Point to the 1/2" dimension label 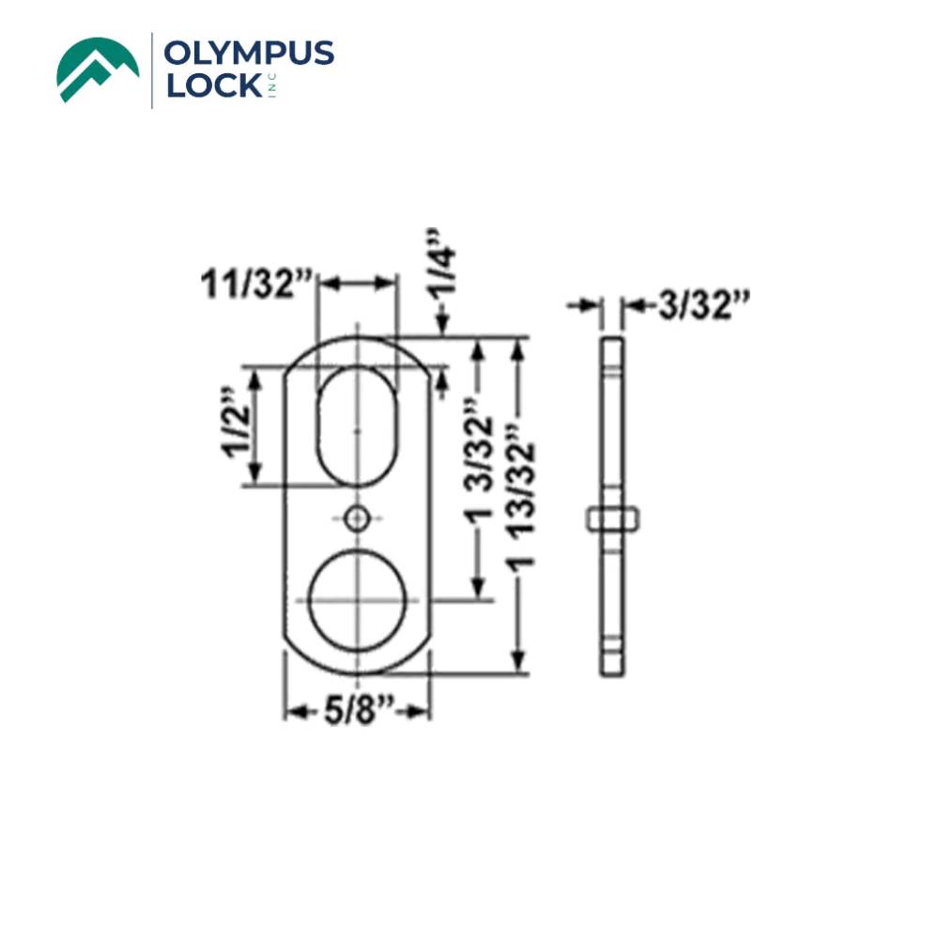[x=237, y=425]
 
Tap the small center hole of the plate [x=357, y=517]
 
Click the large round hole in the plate [x=357, y=599]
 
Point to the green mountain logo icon [x=97, y=69]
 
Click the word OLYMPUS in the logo [x=248, y=54]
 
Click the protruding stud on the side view [x=612, y=517]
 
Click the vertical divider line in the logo [x=152, y=69]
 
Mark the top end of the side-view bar [x=611, y=340]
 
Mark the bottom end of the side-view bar [x=611, y=670]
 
